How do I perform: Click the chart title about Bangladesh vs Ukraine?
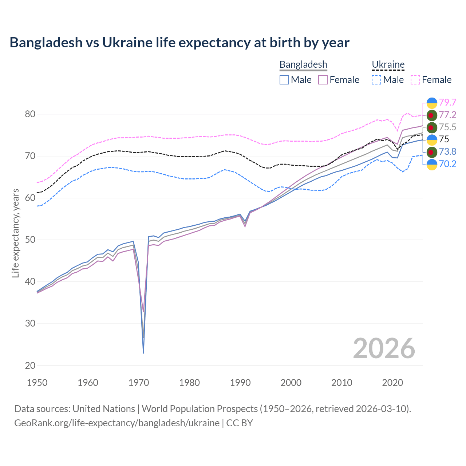tap(179, 43)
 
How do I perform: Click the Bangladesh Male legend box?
tap(284, 80)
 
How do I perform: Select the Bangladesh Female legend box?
tap(323, 80)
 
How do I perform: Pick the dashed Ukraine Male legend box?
tap(376, 80)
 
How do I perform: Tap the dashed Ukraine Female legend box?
tap(415, 80)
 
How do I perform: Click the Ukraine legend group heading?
tap(388, 65)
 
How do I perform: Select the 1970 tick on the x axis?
tap(139, 383)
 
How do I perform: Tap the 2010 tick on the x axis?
tap(341, 383)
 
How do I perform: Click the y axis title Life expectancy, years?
tap(16, 233)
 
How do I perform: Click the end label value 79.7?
tap(447, 103)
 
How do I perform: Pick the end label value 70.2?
tap(447, 164)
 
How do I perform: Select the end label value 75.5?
tap(447, 127)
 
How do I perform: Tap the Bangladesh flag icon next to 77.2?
tap(432, 115)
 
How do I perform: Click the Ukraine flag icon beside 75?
tap(432, 139)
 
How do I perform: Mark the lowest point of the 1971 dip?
tap(143, 352)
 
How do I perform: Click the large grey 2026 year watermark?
tap(384, 348)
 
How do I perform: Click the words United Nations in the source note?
tap(104, 409)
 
